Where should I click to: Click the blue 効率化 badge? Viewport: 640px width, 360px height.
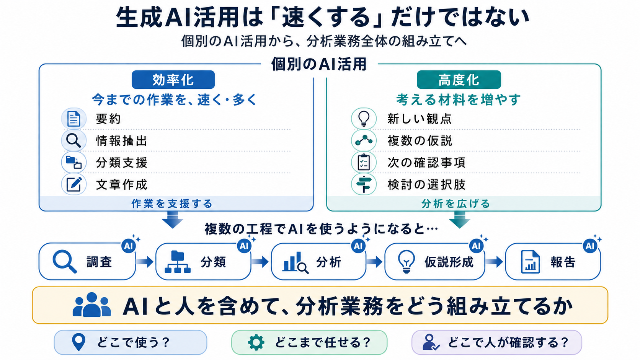coord(173,80)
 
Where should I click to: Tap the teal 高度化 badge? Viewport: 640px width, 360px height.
coord(459,80)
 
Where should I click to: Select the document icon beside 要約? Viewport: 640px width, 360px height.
coord(74,119)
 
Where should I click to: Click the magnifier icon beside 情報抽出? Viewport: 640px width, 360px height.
coord(74,140)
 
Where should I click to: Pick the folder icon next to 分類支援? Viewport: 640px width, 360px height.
coord(74,163)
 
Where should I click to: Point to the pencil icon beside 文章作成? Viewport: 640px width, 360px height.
coord(74,184)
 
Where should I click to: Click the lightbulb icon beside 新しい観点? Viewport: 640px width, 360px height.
coord(364,119)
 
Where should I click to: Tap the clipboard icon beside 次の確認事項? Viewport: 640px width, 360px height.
coord(364,162)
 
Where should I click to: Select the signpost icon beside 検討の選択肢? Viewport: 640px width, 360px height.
coord(364,184)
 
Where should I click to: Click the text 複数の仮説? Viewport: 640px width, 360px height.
coord(420,141)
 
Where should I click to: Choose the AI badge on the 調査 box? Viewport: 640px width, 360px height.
coord(128,246)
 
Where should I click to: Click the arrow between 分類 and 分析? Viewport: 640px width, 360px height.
coord(260,262)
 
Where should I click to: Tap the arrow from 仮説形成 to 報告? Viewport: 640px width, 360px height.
coord(494,262)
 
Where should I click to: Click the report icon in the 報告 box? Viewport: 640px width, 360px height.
coord(530,262)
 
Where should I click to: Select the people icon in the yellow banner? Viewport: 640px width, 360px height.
coord(92,305)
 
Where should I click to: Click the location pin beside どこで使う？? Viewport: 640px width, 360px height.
coord(78,342)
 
